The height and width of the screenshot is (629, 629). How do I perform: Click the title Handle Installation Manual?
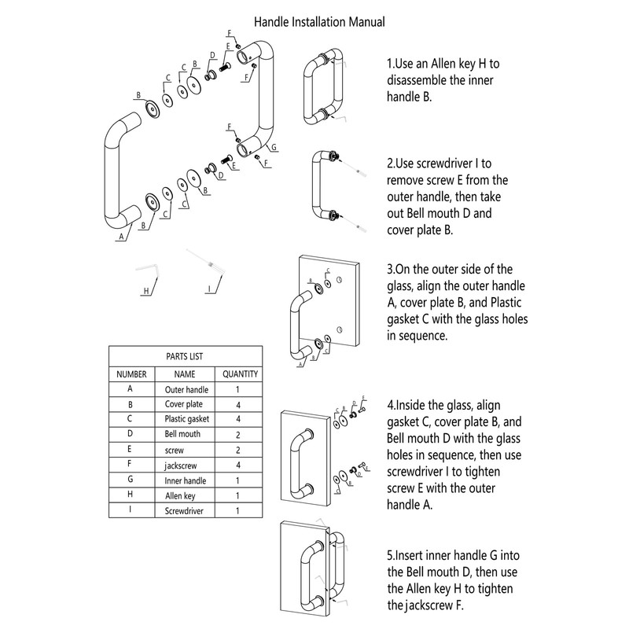coord(321,22)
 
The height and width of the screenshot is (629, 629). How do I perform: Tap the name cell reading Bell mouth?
coord(182,434)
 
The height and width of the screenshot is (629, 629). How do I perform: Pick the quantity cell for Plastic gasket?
coord(237,419)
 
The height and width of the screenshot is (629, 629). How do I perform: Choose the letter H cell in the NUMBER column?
coord(129,495)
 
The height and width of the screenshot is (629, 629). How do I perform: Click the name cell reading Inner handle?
coord(185,480)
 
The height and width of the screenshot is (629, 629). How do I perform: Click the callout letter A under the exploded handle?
coord(120,236)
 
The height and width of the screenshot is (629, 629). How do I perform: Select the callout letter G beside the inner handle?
coord(273,147)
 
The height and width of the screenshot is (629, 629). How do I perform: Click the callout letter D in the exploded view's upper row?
coord(212,55)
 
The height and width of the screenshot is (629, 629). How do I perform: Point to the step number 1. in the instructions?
coord(392,64)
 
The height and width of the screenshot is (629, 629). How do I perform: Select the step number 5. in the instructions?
coord(392,553)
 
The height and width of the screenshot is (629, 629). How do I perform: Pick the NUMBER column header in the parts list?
coord(129,374)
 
